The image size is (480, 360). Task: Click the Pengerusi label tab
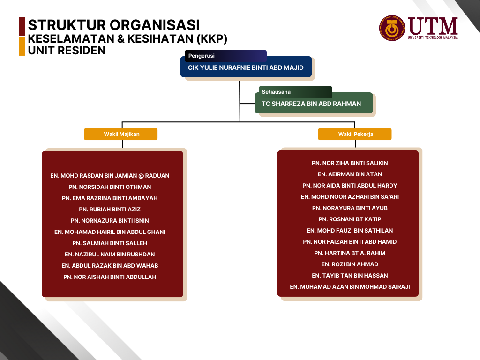225,56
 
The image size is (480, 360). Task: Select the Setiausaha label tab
295,92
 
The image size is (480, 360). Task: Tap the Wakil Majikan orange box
121,134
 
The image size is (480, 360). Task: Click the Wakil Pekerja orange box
355,134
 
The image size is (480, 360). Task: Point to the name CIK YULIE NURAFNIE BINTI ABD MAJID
246,67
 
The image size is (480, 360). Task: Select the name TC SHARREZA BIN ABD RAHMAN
311,104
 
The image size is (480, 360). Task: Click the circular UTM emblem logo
391,29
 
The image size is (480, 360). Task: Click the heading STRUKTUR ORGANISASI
114,24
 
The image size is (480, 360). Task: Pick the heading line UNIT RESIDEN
67,50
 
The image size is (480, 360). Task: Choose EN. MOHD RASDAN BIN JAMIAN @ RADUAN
110,176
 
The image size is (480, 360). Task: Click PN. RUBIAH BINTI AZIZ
110,210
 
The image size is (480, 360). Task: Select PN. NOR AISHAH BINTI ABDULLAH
110,277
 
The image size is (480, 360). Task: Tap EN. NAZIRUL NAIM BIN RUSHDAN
110,255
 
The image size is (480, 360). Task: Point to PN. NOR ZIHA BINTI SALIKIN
350,163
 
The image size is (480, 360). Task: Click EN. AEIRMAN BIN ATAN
350,174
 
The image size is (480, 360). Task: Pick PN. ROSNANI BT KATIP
350,219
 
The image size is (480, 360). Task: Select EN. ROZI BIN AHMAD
350,264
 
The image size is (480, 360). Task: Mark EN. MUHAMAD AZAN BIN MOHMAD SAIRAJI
350,286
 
